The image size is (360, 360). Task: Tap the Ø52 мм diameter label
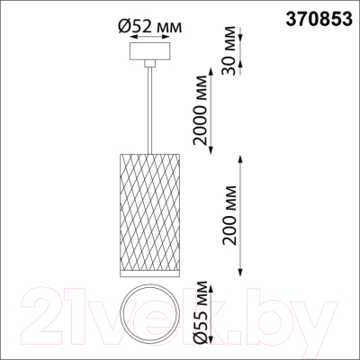(x=151, y=26)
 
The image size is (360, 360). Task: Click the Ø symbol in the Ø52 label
(x=124, y=26)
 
